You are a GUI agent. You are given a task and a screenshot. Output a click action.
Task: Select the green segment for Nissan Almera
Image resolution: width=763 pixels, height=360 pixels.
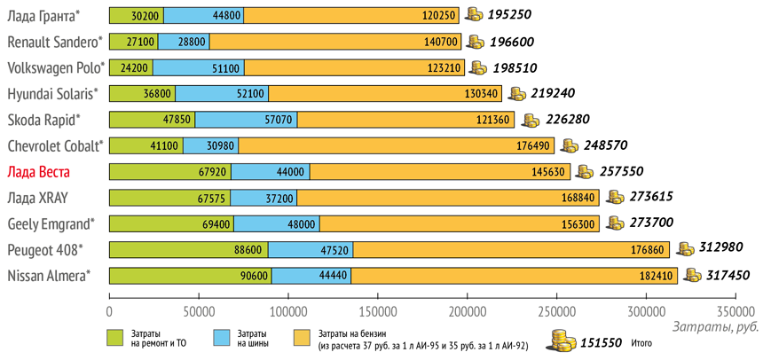(x=190, y=276)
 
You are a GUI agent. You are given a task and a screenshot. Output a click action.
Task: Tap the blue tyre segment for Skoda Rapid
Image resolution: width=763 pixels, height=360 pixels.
(x=246, y=120)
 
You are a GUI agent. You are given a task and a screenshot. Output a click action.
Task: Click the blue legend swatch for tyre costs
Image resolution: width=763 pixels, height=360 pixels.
(x=224, y=337)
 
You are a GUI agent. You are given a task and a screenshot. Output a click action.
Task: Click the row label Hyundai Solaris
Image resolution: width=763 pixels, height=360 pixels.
(x=52, y=94)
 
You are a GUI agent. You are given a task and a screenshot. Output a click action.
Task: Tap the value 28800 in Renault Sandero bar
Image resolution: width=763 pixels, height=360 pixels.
(x=192, y=42)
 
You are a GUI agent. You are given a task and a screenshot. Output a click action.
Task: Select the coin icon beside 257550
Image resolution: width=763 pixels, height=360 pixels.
(x=586, y=172)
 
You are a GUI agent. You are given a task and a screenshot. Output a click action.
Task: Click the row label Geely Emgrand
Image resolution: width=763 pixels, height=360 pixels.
(x=51, y=223)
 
